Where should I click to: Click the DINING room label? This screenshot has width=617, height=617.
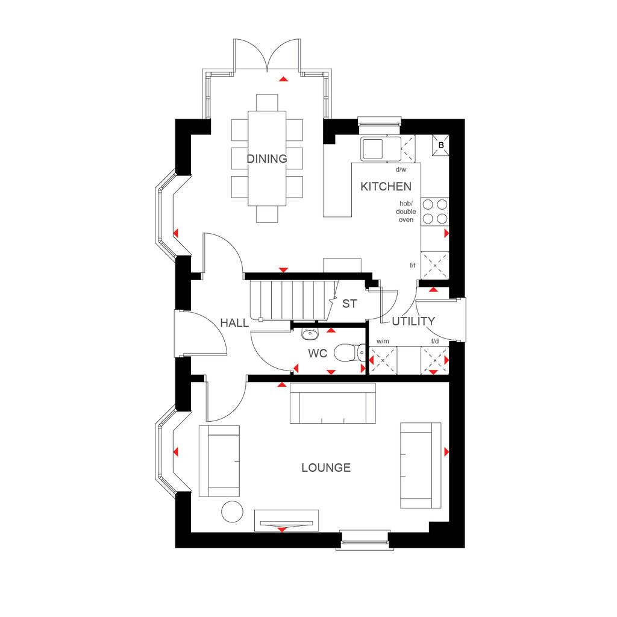tap(267, 158)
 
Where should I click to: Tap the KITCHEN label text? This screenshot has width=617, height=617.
tap(386, 187)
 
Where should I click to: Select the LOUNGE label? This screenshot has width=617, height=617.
tap(326, 468)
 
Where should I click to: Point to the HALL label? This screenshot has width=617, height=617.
tap(234, 323)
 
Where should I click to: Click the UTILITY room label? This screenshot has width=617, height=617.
tap(413, 322)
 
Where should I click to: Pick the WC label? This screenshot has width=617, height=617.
tap(318, 353)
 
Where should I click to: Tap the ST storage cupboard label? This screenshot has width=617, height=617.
tap(349, 304)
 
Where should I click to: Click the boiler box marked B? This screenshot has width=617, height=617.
tap(440, 145)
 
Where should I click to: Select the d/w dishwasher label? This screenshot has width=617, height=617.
tap(401, 169)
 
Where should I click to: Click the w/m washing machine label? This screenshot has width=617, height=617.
tap(383, 341)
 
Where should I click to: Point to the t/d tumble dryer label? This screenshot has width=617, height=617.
tap(435, 341)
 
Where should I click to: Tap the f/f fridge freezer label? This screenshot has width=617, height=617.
tap(413, 265)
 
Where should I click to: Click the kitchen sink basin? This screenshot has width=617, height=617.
tap(372, 149)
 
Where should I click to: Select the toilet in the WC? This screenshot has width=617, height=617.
tap(350, 352)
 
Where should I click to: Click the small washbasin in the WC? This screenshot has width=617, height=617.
tap(310, 334)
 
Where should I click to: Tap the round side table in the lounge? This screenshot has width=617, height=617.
tap(233, 512)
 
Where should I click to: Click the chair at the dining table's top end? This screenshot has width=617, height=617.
tap(267, 102)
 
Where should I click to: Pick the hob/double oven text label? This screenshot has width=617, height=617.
tap(406, 211)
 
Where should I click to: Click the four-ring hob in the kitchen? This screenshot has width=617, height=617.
tap(435, 211)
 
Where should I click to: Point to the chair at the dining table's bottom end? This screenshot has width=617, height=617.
tap(267, 214)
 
